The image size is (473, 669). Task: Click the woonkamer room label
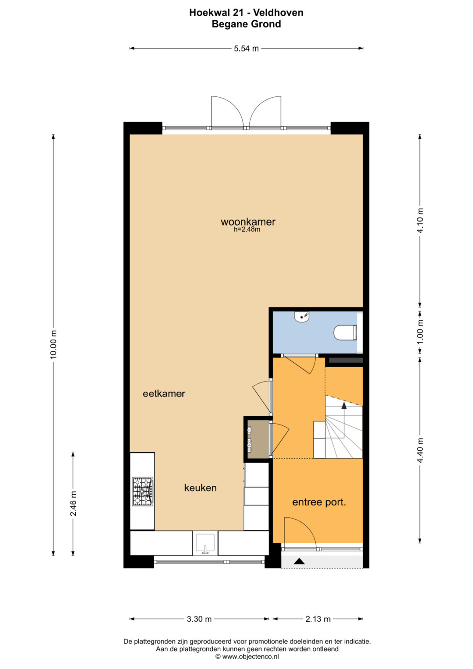click(x=248, y=222)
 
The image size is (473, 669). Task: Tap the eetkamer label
click(x=164, y=393)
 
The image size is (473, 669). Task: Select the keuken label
click(x=200, y=488)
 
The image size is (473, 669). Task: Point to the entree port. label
click(x=319, y=502)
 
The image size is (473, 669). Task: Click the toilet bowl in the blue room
click(x=345, y=333)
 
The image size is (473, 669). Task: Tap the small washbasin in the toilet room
click(x=302, y=317)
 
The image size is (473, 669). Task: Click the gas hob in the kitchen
click(x=143, y=491)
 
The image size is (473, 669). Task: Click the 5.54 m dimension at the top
click(x=246, y=48)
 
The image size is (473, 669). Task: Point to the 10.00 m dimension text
click(x=53, y=344)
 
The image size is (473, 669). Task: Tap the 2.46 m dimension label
click(x=73, y=503)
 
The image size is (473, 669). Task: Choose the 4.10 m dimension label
click(x=420, y=220)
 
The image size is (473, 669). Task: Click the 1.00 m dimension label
click(x=420, y=332)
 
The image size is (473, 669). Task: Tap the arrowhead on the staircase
click(x=344, y=405)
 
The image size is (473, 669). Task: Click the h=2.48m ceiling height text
click(x=247, y=230)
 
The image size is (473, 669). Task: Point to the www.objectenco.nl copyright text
click(x=247, y=656)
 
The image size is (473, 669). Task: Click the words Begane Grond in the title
click(x=246, y=24)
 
